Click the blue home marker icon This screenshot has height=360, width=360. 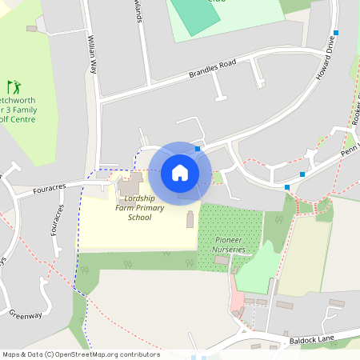(180, 173)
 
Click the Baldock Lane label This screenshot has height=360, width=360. (320, 342)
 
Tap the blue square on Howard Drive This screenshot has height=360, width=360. (336, 33)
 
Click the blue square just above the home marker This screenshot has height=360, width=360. (198, 149)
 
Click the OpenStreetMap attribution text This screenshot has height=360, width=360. (82, 354)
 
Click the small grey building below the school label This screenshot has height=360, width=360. (190, 220)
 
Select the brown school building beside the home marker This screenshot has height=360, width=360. (128, 190)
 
